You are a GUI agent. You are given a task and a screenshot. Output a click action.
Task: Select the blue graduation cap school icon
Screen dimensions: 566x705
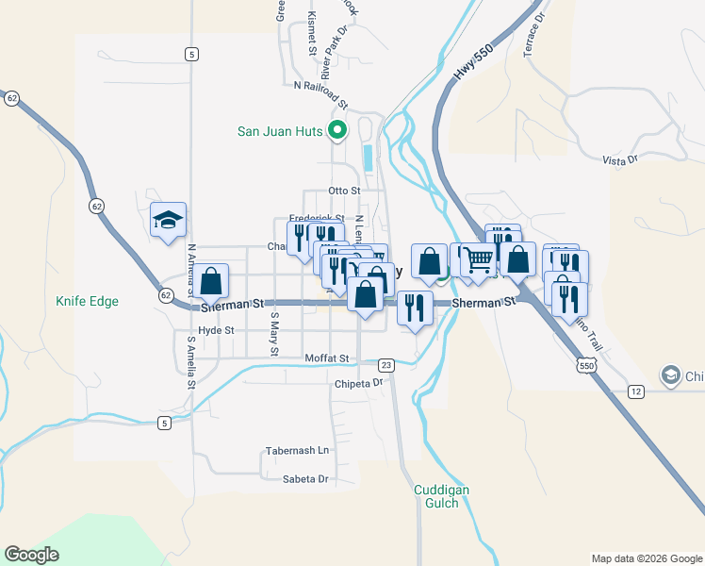point(169,221)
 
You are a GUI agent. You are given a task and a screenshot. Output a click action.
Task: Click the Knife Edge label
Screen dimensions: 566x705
point(87,301)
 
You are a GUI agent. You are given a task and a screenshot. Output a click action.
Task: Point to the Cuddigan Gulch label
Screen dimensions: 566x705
point(441,496)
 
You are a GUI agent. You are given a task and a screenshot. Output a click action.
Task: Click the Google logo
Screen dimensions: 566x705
point(31,555)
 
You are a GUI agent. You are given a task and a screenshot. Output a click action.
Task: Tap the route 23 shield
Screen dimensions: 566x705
point(385,365)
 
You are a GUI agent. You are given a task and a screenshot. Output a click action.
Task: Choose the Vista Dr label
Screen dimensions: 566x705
point(619,160)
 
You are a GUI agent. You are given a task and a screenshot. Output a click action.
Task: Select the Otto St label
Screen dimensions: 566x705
point(344,191)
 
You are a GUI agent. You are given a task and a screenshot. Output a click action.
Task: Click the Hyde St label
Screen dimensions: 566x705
point(216,330)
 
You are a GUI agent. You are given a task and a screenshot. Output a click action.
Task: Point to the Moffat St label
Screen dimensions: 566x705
point(327,358)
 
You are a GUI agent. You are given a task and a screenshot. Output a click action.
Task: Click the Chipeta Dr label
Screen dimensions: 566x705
point(359,383)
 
